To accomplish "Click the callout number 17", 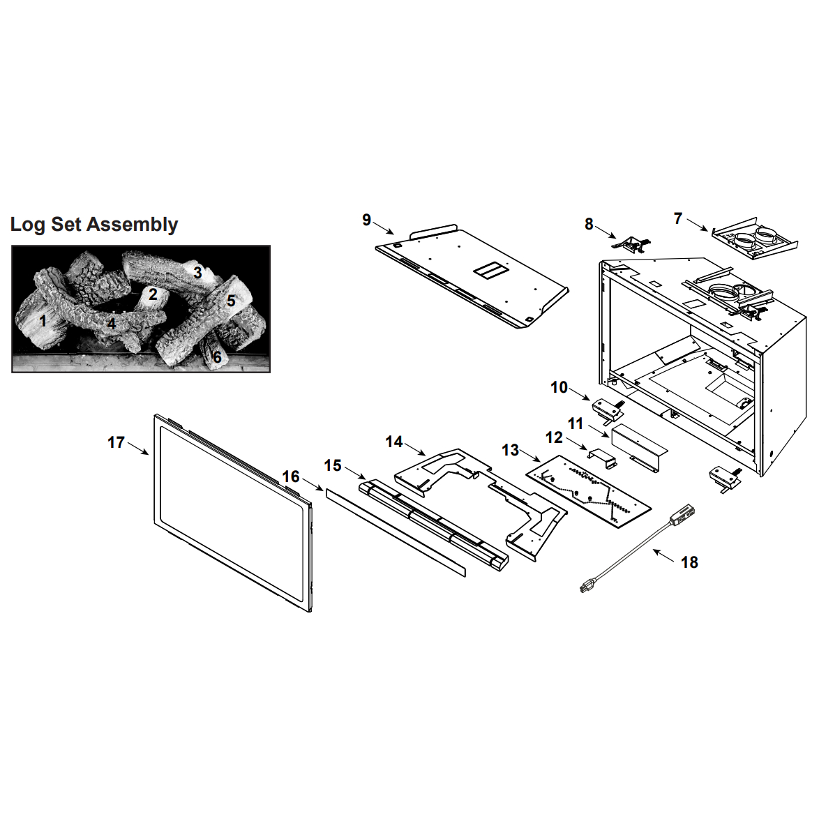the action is pyautogui.click(x=116, y=442).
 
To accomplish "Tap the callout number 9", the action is pyautogui.click(x=367, y=220).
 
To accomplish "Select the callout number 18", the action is pyautogui.click(x=689, y=562).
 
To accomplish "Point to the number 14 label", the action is pyautogui.click(x=394, y=442).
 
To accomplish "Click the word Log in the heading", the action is pyautogui.click(x=28, y=225).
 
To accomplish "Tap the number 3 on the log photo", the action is pyautogui.click(x=197, y=272).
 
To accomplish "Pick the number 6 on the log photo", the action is pyautogui.click(x=217, y=358).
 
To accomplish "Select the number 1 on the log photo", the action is pyautogui.click(x=43, y=320).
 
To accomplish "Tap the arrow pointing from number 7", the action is pyautogui.click(x=697, y=225).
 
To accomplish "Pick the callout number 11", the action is pyautogui.click(x=575, y=423).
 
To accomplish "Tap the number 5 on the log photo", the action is pyautogui.click(x=231, y=301).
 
